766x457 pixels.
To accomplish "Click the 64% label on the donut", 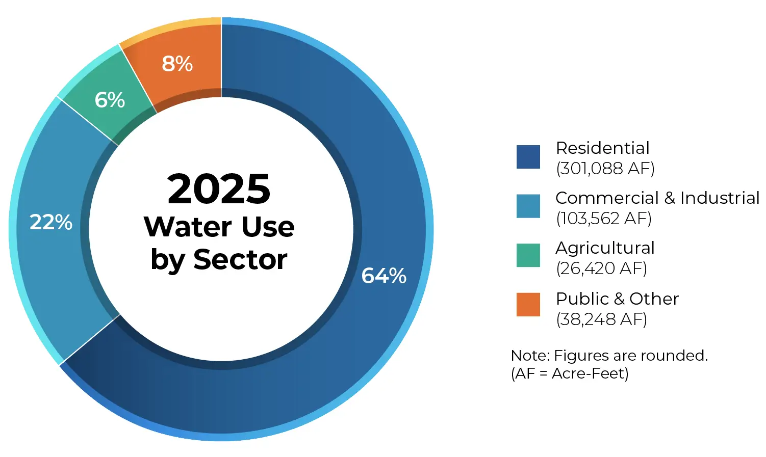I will pos(384,276).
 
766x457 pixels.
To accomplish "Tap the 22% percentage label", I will pos(51,222).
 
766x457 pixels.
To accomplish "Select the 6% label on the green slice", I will pos(110,100).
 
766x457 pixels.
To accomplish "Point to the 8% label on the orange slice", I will pos(177,64).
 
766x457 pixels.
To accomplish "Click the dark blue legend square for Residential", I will pos(528,157).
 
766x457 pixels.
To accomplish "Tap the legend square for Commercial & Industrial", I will pos(528,206).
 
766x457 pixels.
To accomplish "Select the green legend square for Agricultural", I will pos(528,255).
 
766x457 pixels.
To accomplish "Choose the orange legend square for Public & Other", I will pos(528,305).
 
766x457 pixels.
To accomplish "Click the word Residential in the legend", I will pos(602,148).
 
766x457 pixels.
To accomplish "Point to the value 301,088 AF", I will pos(605,168).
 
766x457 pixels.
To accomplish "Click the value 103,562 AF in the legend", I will pos(604,218).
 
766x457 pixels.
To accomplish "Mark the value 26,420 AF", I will pos(601,268).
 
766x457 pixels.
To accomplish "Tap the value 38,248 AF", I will pos(601,319).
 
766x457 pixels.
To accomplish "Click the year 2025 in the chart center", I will pos(219,189).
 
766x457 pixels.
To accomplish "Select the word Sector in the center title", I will pos(240,259).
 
